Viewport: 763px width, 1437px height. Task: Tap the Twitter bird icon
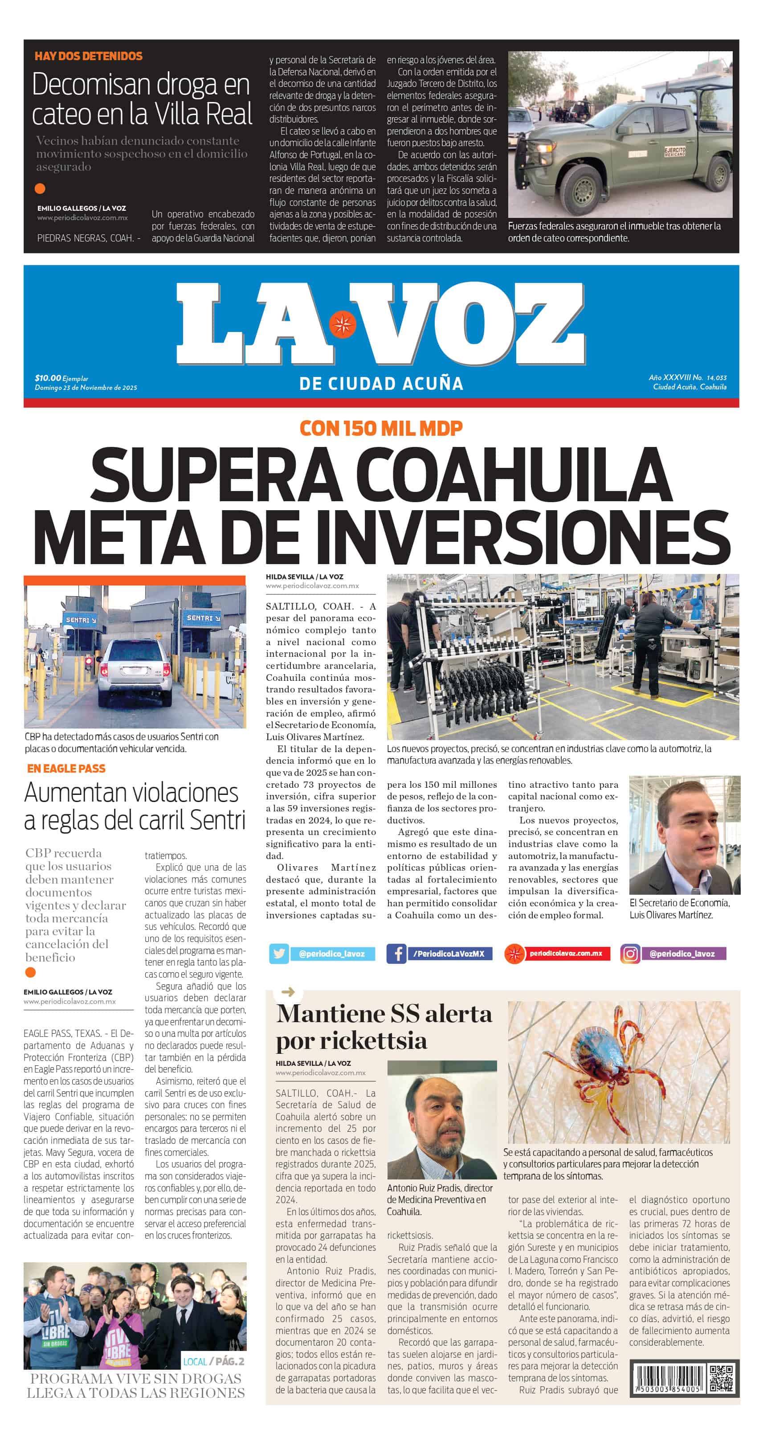[279, 954]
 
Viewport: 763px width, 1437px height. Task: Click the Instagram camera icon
[630, 954]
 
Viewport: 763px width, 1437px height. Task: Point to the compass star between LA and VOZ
[342, 325]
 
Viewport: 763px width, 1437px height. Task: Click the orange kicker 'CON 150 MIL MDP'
[381, 428]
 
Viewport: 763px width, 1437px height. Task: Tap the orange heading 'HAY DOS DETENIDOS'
[88, 56]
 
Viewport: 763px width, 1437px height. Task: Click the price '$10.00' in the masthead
[47, 378]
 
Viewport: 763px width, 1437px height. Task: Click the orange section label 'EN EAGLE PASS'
[66, 769]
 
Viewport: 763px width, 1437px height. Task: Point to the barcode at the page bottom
[668, 1379]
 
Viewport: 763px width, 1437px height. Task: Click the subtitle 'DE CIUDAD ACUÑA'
[381, 384]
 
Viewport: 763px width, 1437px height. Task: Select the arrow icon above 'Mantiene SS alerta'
[288, 992]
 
